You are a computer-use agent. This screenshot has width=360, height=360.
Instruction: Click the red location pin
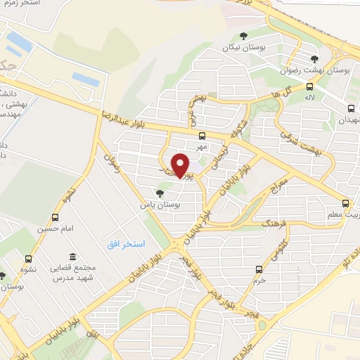(x=181, y=165)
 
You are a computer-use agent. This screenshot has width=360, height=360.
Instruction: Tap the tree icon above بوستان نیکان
(x=243, y=36)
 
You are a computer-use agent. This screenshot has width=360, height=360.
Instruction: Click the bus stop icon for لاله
(x=309, y=87)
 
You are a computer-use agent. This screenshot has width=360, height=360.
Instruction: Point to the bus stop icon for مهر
(x=202, y=136)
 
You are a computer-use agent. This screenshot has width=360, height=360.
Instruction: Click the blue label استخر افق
(x=126, y=243)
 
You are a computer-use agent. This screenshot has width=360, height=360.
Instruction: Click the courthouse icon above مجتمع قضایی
(x=71, y=257)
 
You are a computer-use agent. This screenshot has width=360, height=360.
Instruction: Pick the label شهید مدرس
(x=70, y=279)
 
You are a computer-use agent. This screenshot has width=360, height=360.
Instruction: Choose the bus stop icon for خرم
(x=259, y=269)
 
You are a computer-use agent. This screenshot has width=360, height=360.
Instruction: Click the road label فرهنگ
(x=271, y=222)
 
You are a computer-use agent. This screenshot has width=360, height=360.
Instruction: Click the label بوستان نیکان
(x=236, y=47)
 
